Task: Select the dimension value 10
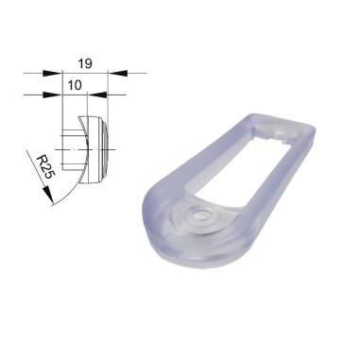pos(76,85)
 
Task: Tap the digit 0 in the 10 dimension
pos(79,85)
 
